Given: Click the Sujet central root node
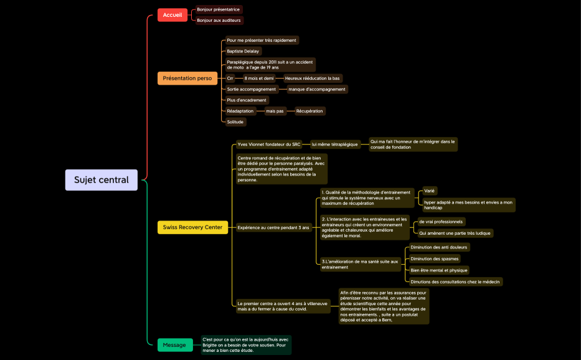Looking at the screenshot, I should [101, 180].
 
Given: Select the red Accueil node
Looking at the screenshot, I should [172, 15].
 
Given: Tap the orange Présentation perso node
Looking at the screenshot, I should [187, 78].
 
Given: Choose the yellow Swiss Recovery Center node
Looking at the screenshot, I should [192, 227].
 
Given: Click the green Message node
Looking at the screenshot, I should [174, 345].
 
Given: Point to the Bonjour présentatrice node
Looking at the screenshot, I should [218, 9].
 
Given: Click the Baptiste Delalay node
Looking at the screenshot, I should [243, 51].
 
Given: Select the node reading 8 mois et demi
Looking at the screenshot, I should [259, 78].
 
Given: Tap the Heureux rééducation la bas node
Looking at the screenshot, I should [312, 78].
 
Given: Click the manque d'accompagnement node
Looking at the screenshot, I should [316, 89].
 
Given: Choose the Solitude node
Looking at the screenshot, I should [235, 121].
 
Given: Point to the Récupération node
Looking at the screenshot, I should [309, 111].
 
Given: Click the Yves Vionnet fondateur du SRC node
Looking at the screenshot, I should [269, 144].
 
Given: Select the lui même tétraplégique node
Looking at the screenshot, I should [335, 144].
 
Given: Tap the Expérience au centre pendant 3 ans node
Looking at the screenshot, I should [273, 227].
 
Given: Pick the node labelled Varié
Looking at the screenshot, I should [430, 191].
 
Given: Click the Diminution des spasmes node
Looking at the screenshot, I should [435, 258].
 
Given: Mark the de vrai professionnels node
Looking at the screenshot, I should [440, 222].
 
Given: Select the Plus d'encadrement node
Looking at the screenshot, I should [247, 100].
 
